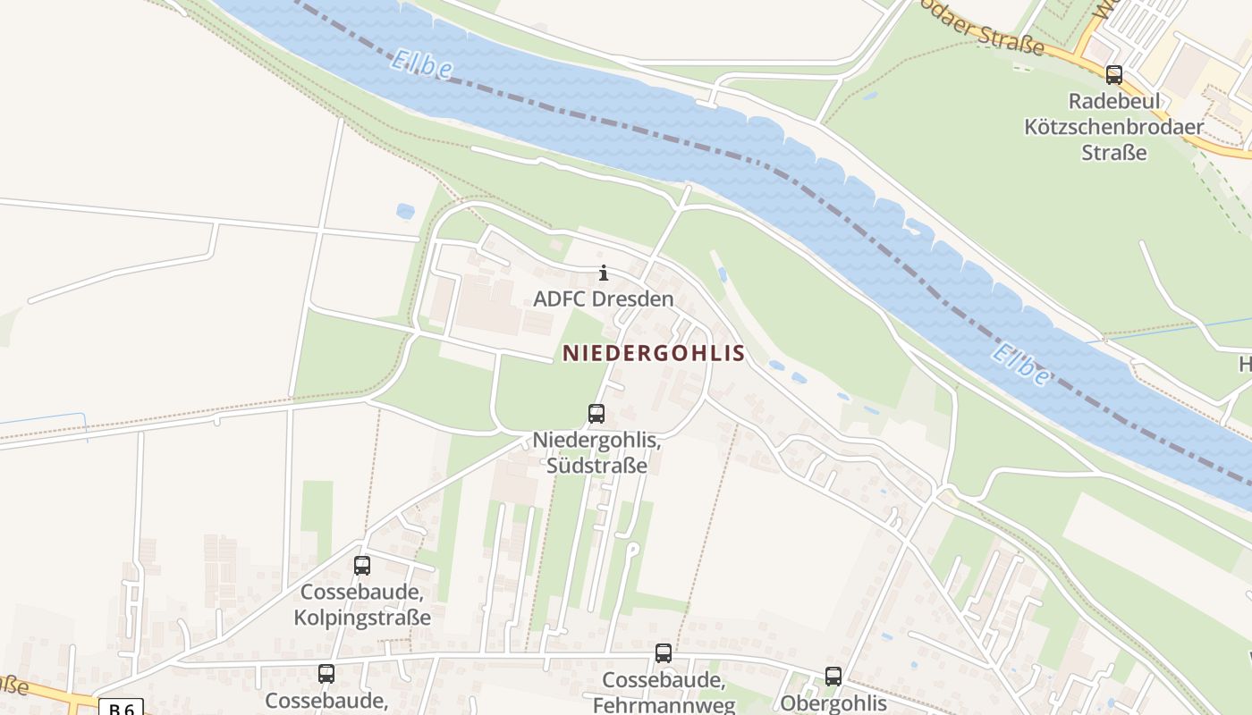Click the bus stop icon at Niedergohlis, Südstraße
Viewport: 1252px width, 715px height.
(596, 414)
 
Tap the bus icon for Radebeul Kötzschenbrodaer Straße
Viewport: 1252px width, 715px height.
(1113, 75)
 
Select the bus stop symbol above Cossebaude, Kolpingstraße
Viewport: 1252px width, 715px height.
(361, 566)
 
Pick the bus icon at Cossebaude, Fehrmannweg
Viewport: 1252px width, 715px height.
(663, 653)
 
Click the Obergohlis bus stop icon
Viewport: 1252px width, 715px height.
(833, 677)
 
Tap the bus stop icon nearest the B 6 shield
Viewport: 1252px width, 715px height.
(326, 674)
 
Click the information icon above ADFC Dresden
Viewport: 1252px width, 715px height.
(603, 273)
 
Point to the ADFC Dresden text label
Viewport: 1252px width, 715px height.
(603, 299)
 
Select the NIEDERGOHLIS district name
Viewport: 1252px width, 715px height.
(653, 353)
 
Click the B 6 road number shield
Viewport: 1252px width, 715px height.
(121, 708)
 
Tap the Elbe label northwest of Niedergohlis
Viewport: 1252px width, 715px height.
(421, 63)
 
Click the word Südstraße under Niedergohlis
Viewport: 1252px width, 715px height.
(596, 466)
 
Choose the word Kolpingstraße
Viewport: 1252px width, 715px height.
(362, 618)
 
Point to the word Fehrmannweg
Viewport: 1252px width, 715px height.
(664, 704)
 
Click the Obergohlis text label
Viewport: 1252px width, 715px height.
(833, 702)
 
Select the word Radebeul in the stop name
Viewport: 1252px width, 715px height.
(1112, 101)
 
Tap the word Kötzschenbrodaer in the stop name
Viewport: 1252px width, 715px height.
(1113, 127)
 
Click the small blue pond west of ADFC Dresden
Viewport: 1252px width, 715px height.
(405, 212)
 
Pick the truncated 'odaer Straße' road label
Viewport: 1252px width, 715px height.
(984, 30)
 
